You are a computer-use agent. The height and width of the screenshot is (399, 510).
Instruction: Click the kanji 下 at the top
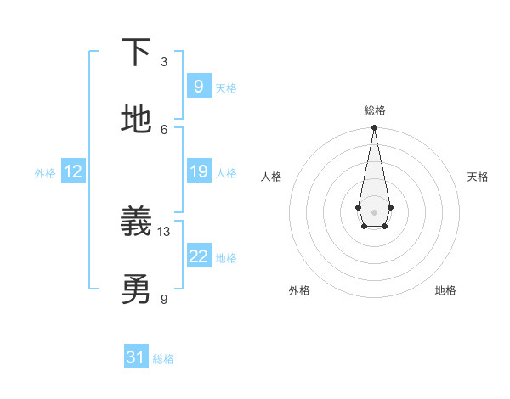click(136, 53)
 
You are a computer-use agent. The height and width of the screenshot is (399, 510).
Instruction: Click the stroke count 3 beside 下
click(164, 61)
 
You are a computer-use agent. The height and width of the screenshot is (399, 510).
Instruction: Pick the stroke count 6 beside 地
click(164, 129)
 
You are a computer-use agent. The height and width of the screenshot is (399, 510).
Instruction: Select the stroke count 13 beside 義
click(164, 231)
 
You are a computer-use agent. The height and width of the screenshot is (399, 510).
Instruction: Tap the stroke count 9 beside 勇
click(164, 299)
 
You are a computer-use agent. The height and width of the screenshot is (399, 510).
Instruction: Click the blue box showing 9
click(198, 86)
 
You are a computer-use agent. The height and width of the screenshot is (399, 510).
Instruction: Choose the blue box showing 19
click(198, 171)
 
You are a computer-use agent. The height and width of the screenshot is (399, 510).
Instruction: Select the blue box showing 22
click(198, 256)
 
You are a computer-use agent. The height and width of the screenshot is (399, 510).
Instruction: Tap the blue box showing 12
click(73, 171)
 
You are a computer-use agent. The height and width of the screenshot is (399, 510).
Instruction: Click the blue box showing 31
click(136, 357)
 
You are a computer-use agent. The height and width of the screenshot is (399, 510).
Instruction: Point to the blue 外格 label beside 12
click(45, 173)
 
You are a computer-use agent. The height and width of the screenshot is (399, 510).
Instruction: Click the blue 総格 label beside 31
click(163, 359)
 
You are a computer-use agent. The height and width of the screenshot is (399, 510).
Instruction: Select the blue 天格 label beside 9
click(226, 88)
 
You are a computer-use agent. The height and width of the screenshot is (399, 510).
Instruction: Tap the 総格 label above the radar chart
click(374, 110)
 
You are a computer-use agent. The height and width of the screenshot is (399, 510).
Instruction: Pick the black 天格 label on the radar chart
click(478, 177)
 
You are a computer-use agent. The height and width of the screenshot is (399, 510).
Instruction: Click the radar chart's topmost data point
click(374, 128)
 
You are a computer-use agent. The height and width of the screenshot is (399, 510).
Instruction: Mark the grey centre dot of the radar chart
click(374, 211)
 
